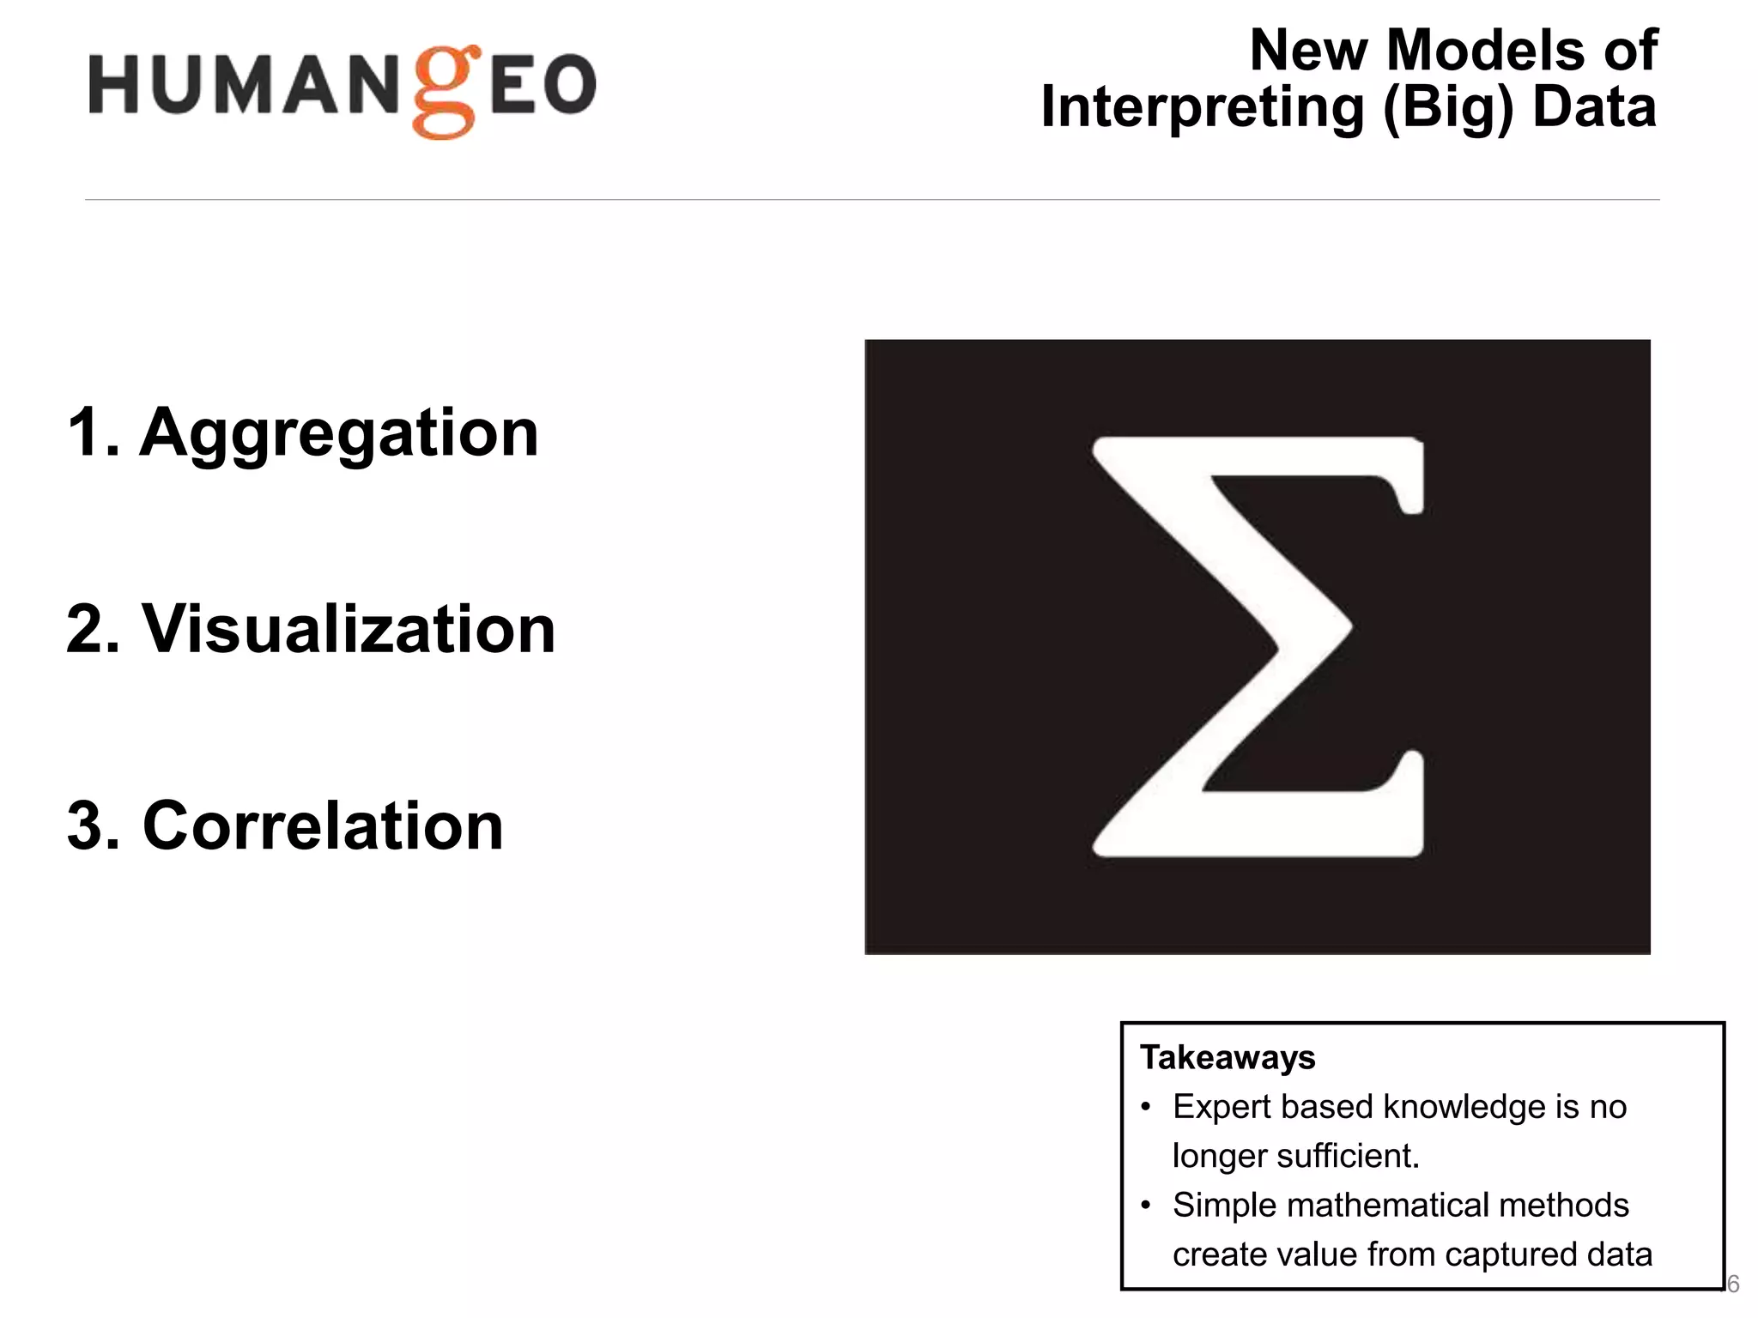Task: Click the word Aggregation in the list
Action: (339, 432)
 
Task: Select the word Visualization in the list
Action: (349, 629)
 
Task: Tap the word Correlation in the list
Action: (323, 825)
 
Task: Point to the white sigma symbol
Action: (1258, 646)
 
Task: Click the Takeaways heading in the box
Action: (1227, 1058)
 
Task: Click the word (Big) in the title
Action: (1448, 108)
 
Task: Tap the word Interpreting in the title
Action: (1202, 108)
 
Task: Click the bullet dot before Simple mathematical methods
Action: (1145, 1206)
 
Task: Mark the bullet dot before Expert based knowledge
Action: (1145, 1108)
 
